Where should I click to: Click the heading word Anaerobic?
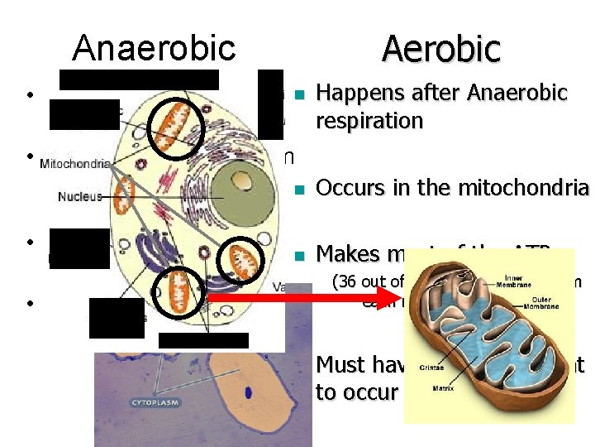(x=154, y=49)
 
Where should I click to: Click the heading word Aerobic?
(x=440, y=49)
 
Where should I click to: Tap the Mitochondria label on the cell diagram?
(x=74, y=163)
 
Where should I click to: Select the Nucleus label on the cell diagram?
(x=80, y=197)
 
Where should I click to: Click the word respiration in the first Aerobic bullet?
(x=369, y=121)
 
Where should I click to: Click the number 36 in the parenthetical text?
(x=345, y=282)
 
